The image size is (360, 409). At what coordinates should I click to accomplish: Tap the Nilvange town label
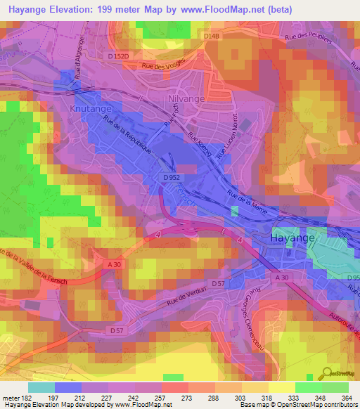click(x=186, y=99)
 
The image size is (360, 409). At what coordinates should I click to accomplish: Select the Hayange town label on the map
click(x=293, y=239)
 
